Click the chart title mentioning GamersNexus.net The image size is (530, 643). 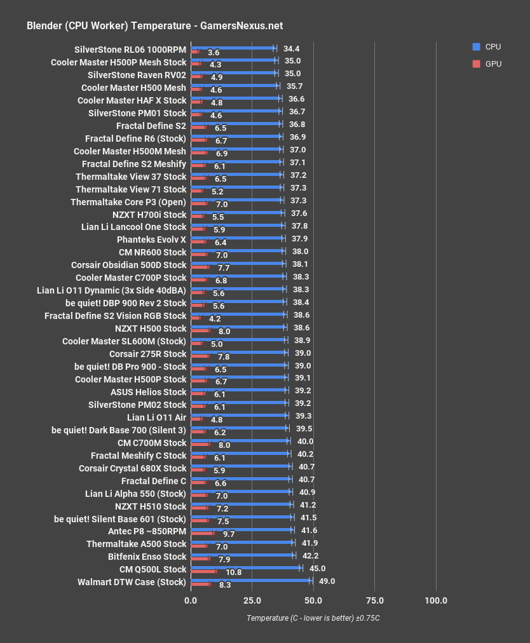tap(154, 26)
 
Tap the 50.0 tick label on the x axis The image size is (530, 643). tap(313, 601)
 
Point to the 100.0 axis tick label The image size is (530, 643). tap(436, 601)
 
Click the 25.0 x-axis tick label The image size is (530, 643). tap(252, 601)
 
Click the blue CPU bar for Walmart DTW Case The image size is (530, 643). tap(251, 580)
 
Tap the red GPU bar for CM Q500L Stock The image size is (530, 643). tap(204, 571)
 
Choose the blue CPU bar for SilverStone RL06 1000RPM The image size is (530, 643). tap(233, 48)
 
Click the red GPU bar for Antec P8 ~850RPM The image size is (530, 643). tap(203, 533)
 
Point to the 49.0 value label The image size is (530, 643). tap(327, 581)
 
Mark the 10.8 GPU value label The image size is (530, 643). tap(234, 572)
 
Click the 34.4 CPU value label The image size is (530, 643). tap(292, 48)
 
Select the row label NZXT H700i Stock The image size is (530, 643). tap(149, 214)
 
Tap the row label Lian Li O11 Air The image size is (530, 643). tap(156, 417)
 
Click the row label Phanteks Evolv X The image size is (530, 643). tap(151, 240)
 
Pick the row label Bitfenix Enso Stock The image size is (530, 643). tap(147, 557)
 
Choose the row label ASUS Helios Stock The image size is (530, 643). tap(148, 392)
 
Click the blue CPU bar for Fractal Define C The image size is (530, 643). tap(241, 479)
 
